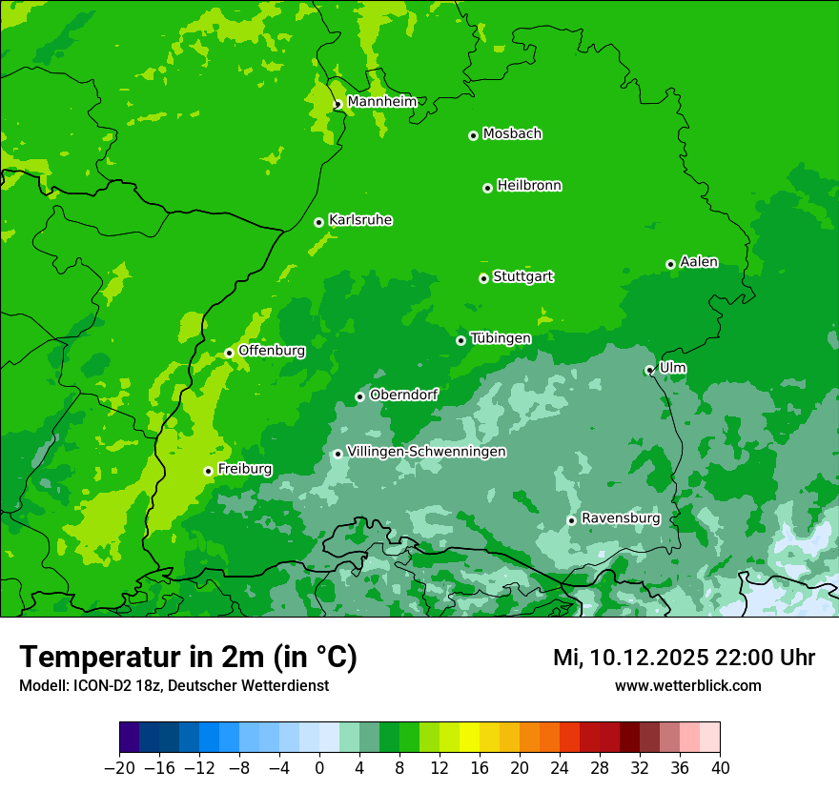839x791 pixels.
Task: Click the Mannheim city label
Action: (381, 102)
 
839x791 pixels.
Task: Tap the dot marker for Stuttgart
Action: (483, 278)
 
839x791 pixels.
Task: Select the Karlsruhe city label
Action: (360, 220)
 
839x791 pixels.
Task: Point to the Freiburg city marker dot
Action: (208, 471)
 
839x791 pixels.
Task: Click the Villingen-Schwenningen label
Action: (426, 452)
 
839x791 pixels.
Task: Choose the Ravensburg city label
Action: (621, 518)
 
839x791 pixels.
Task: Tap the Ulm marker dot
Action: (649, 370)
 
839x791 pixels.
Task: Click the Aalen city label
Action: (699, 262)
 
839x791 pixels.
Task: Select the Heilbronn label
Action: (529, 186)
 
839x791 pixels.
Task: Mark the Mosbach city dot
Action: (473, 135)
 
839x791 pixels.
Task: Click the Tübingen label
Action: (501, 338)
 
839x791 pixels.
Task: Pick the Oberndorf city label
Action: (403, 395)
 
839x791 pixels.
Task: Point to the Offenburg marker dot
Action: (229, 353)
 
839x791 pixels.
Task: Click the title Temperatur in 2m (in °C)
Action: (188, 658)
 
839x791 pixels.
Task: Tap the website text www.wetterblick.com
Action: (687, 685)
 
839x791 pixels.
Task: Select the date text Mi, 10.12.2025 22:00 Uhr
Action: (684, 658)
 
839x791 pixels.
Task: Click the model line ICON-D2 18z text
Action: (174, 685)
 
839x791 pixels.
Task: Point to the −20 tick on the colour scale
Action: (119, 768)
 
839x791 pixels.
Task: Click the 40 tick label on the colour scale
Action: (720, 768)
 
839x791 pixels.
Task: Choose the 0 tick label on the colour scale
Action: (319, 768)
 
